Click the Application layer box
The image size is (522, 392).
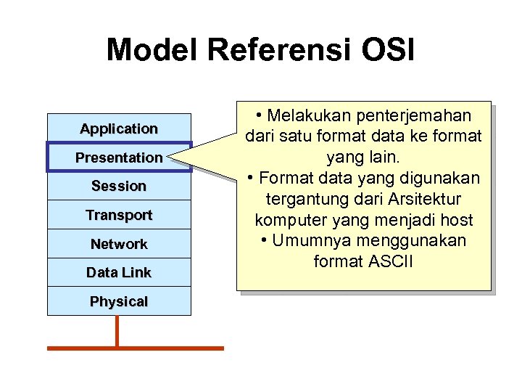point(119,128)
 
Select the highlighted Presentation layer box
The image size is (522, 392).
point(119,158)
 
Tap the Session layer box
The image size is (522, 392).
point(119,186)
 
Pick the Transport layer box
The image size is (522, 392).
point(119,215)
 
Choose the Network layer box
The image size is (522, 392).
point(119,244)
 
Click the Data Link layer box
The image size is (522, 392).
point(119,272)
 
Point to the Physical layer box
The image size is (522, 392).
point(119,301)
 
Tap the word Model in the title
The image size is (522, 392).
point(152,50)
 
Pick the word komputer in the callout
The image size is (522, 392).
point(288,220)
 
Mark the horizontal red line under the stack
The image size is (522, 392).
point(136,348)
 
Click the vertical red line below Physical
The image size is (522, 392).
point(117,330)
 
